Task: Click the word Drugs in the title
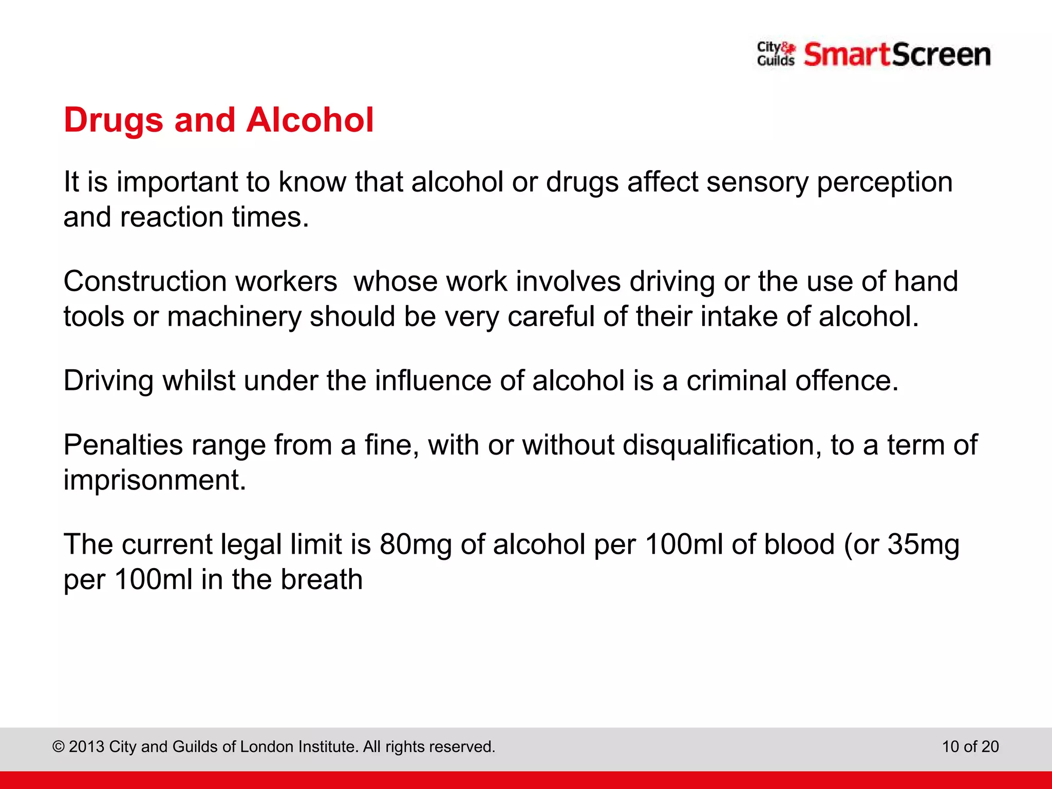114,121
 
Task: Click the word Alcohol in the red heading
310,120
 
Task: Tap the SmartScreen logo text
897,54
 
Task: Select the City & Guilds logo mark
776,54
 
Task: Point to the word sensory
757,183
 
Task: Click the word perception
885,183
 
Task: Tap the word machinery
234,316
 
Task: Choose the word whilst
199,381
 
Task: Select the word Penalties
123,445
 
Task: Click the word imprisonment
155,480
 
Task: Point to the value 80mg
416,544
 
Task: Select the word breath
322,579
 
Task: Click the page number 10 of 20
970,746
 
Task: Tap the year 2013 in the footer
87,746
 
